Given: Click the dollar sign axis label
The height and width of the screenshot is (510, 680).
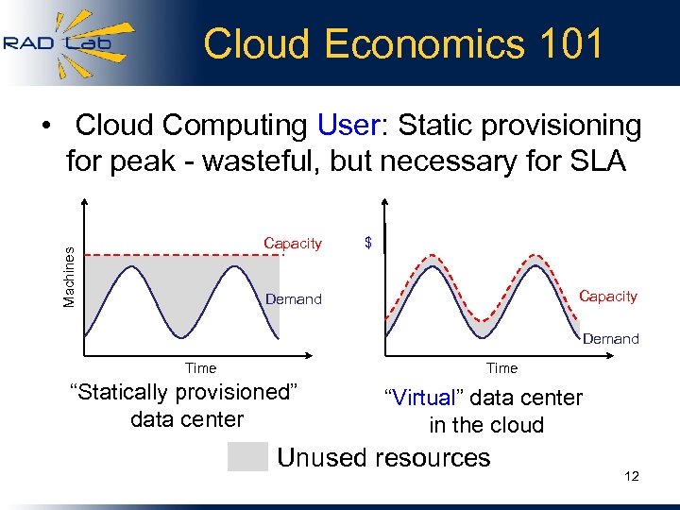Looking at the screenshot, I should click(x=368, y=243).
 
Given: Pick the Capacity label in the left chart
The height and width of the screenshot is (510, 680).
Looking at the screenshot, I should click(x=293, y=243).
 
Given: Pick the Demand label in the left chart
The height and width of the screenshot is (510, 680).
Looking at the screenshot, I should click(x=294, y=299).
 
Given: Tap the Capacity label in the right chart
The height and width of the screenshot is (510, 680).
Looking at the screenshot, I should click(x=607, y=296).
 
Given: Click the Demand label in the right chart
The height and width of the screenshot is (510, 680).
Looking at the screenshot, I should click(x=610, y=338).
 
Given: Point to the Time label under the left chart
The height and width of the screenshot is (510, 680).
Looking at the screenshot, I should click(x=200, y=368).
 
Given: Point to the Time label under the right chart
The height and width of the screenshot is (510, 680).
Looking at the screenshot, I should click(x=501, y=368).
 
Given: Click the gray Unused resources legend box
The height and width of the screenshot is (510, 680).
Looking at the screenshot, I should click(x=247, y=457).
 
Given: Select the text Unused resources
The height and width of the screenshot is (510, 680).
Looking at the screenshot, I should click(x=383, y=458).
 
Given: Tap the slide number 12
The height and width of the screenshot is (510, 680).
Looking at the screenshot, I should click(x=632, y=476).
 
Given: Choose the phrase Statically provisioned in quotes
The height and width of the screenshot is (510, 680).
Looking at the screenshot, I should click(x=185, y=392).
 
